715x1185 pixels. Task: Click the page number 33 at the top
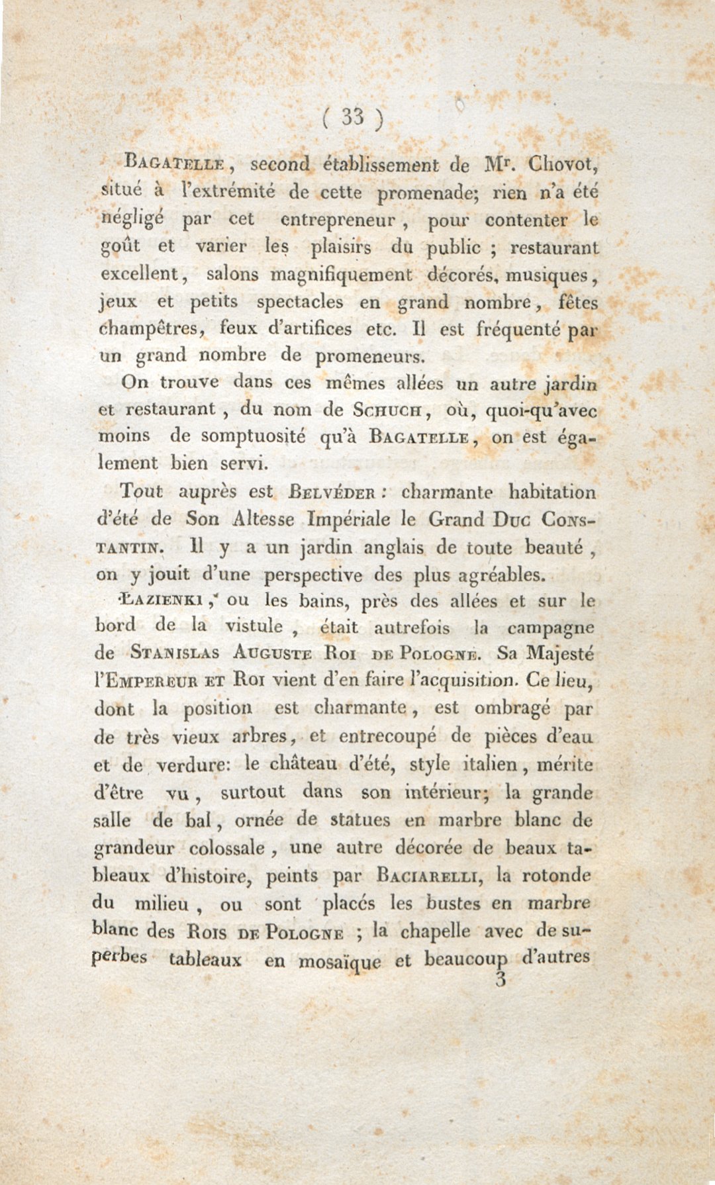coord(353,117)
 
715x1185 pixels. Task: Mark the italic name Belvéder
coord(333,493)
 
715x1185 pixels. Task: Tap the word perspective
coord(313,575)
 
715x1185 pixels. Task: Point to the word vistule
coord(254,626)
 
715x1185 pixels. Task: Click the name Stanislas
coord(175,653)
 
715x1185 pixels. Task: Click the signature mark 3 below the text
coord(501,980)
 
